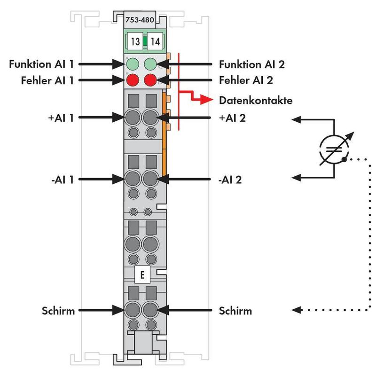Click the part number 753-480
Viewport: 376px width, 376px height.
click(x=141, y=20)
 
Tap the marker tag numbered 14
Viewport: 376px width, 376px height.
click(x=154, y=41)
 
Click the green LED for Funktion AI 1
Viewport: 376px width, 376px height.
click(x=133, y=63)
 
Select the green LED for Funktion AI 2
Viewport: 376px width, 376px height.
click(x=150, y=63)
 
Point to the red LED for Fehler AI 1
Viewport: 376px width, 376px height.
click(x=133, y=80)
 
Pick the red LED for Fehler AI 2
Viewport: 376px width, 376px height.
click(x=150, y=80)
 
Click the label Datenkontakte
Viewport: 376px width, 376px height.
click(x=256, y=100)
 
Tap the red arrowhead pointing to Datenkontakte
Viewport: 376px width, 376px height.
click(x=207, y=100)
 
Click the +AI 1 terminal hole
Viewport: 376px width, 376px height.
click(x=133, y=117)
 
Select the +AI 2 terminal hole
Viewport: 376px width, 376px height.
click(x=150, y=117)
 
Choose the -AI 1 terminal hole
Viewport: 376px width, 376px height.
click(x=133, y=179)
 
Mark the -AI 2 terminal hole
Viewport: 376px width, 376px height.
click(x=150, y=179)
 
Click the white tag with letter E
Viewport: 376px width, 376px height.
click(x=141, y=275)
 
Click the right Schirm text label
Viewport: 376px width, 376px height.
click(x=235, y=311)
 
